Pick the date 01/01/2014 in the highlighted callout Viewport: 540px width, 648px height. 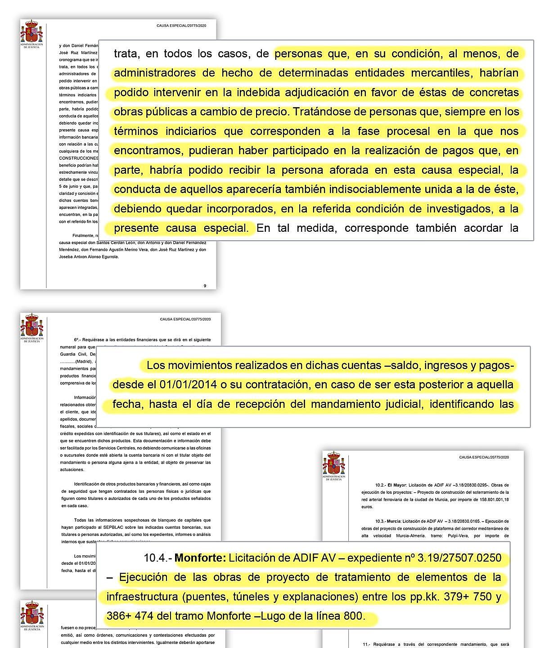pos(185,385)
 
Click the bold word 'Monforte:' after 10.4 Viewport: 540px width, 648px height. pos(200,558)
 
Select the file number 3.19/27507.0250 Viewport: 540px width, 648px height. pos(459,558)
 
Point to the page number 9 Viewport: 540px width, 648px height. pos(205,286)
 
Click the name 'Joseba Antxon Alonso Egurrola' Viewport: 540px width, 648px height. pos(89,257)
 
